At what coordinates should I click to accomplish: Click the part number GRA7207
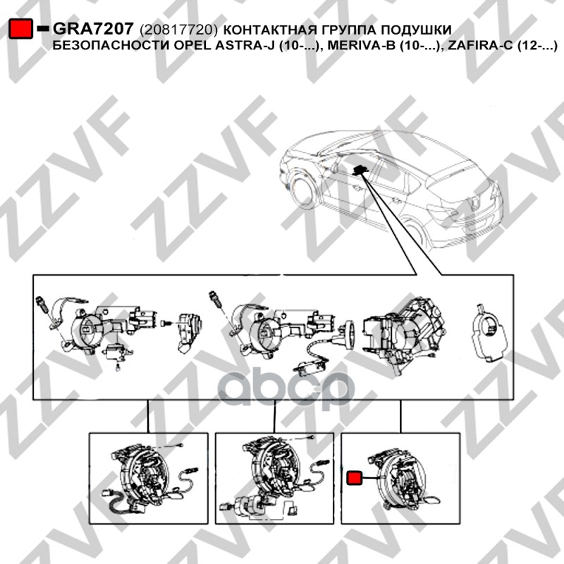click(x=93, y=29)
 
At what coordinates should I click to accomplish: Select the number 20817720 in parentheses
click(x=178, y=30)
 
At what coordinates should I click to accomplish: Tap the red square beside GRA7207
click(x=20, y=28)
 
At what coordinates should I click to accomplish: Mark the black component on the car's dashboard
click(x=359, y=171)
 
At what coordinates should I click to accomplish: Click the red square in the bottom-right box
click(x=355, y=478)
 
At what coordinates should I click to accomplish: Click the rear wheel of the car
click(x=415, y=234)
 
